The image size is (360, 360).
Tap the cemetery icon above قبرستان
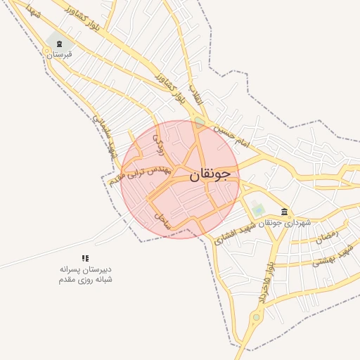click(58, 43)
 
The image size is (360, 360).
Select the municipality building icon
click(284, 212)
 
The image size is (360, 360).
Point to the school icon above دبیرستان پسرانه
click(85, 258)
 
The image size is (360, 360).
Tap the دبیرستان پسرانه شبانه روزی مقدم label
click(85, 274)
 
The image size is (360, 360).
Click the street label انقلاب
click(195, 95)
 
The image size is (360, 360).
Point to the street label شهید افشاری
click(233, 236)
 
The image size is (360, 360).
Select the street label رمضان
click(326, 238)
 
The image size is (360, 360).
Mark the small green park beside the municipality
click(259, 210)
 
